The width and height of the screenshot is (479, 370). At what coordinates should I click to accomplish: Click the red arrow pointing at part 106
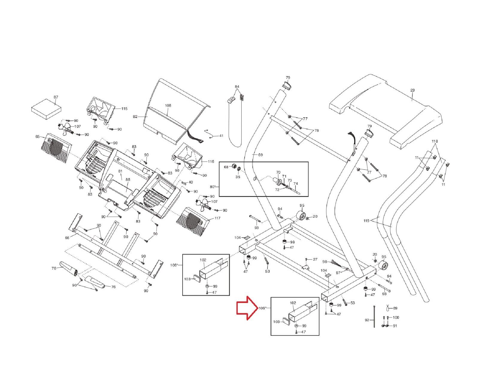[247, 308]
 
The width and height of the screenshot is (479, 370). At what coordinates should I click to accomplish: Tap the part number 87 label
[56, 97]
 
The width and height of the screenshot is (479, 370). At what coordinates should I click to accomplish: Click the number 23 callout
[413, 90]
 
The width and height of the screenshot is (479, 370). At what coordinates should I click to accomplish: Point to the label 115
[124, 109]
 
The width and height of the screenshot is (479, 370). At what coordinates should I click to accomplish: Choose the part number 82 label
[135, 116]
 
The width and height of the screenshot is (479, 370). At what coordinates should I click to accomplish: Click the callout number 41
[221, 136]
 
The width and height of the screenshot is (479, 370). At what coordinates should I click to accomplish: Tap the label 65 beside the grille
[37, 137]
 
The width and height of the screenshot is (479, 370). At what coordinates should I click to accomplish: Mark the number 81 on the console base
[120, 171]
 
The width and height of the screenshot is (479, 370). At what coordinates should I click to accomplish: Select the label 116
[211, 162]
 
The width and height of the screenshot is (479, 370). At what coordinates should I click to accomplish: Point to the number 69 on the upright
[260, 155]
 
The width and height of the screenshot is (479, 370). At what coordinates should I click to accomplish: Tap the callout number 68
[226, 167]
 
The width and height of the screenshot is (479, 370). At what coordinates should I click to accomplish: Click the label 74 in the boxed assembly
[295, 183]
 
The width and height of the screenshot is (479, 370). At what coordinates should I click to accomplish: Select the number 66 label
[67, 238]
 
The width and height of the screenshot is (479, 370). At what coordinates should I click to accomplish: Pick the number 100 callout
[396, 317]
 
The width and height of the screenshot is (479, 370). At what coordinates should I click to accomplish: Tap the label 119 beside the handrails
[366, 221]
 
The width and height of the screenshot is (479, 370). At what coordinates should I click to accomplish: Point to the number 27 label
[315, 259]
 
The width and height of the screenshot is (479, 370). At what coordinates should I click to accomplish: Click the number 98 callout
[325, 262]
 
